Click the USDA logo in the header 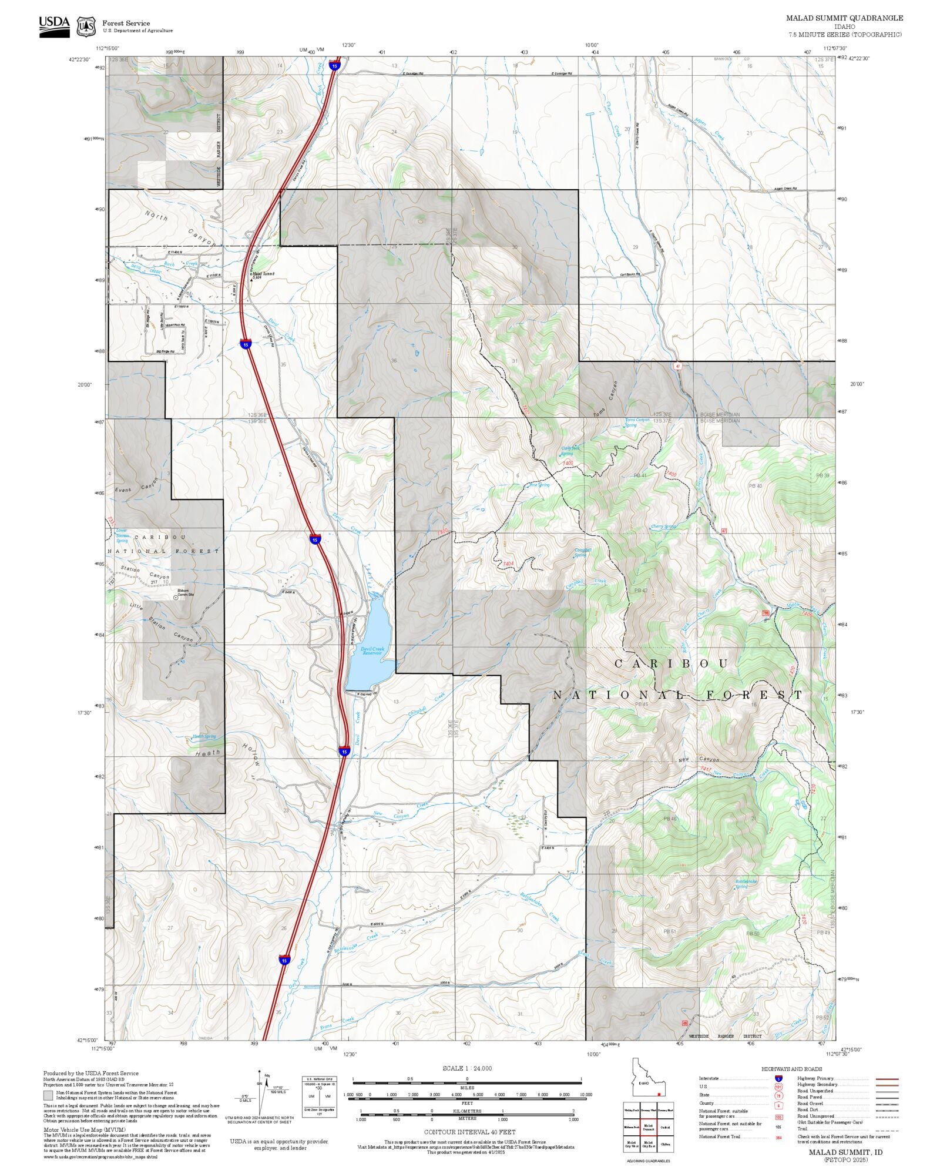pyautogui.click(x=54, y=26)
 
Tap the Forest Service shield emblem pyautogui.click(x=86, y=26)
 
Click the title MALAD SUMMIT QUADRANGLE pyautogui.click(x=844, y=18)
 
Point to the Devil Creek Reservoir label pyautogui.click(x=372, y=651)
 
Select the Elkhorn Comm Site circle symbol pyautogui.click(x=175, y=598)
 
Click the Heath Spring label pyautogui.click(x=204, y=736)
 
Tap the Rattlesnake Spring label pyautogui.click(x=746, y=883)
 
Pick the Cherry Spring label pyautogui.click(x=663, y=527)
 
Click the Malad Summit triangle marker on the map pyautogui.click(x=251, y=279)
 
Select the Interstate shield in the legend pyautogui.click(x=778, y=1078)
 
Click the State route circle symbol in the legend pyautogui.click(x=778, y=1095)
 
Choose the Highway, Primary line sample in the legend pyautogui.click(x=887, y=1079)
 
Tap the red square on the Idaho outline pyautogui.click(x=659, y=1094)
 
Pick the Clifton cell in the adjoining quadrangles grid pyautogui.click(x=665, y=1144)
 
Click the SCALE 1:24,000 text pyautogui.click(x=467, y=1068)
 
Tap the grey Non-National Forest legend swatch pyautogui.click(x=48, y=1095)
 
